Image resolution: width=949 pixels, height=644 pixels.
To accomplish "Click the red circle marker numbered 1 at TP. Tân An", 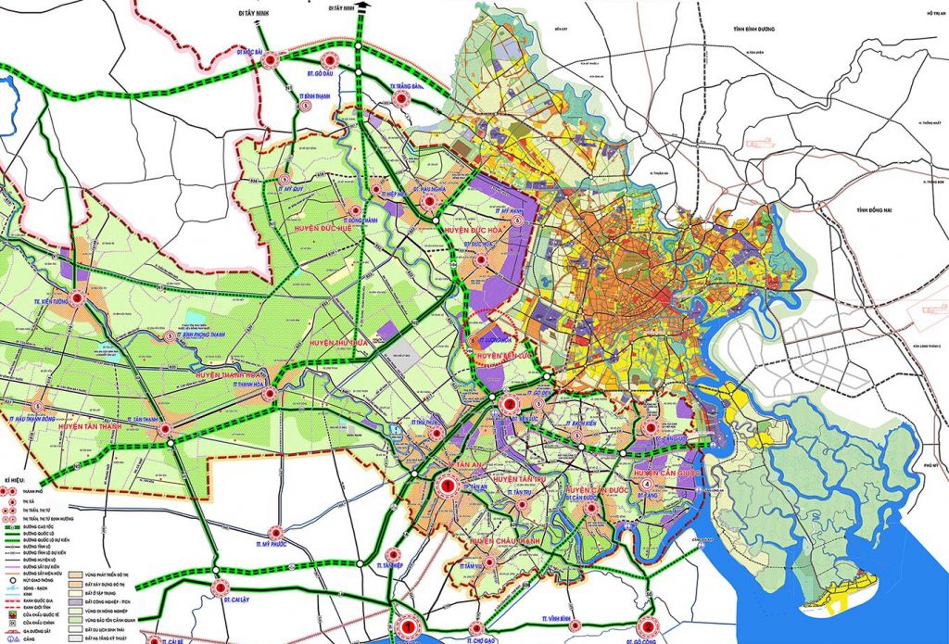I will point(449,485).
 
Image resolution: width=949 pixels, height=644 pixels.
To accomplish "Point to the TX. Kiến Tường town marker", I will point(79,299).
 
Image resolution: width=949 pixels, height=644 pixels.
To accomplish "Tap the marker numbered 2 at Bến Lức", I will point(508,404).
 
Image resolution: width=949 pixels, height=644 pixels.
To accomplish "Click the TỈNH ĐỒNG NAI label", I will point(874,211).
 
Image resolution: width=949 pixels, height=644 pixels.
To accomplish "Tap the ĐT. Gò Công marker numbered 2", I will point(646,625).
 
